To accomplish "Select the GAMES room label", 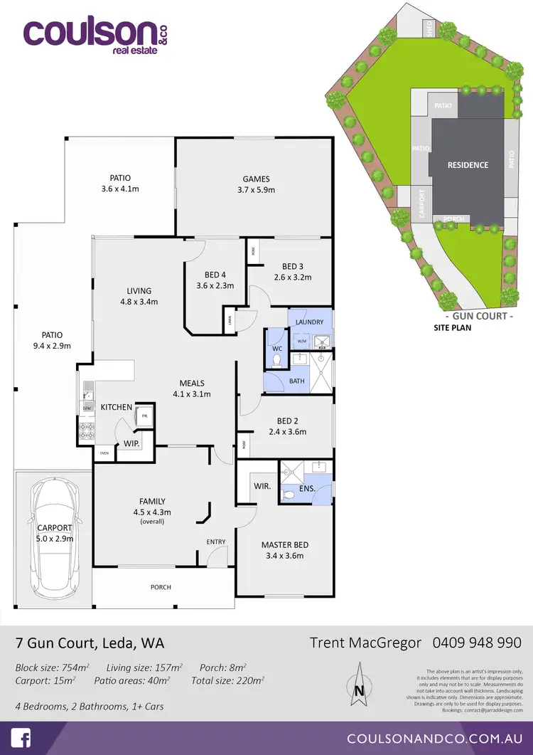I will (x=256, y=179).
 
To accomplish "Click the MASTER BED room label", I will (x=284, y=545).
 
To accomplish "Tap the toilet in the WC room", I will (x=277, y=360).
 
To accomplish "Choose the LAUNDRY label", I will (x=309, y=322).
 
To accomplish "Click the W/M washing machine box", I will (x=301, y=342).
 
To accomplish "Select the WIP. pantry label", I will (x=131, y=443).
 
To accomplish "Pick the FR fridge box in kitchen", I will (x=144, y=416).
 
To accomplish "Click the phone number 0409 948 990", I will (x=477, y=643).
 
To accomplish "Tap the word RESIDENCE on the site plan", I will (x=468, y=165).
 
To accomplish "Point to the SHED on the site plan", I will (x=429, y=28).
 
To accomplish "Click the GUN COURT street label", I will (x=478, y=315).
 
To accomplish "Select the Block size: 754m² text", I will (x=52, y=667).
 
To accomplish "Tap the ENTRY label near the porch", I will (x=216, y=542).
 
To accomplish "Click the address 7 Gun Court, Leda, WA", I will (x=90, y=643).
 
